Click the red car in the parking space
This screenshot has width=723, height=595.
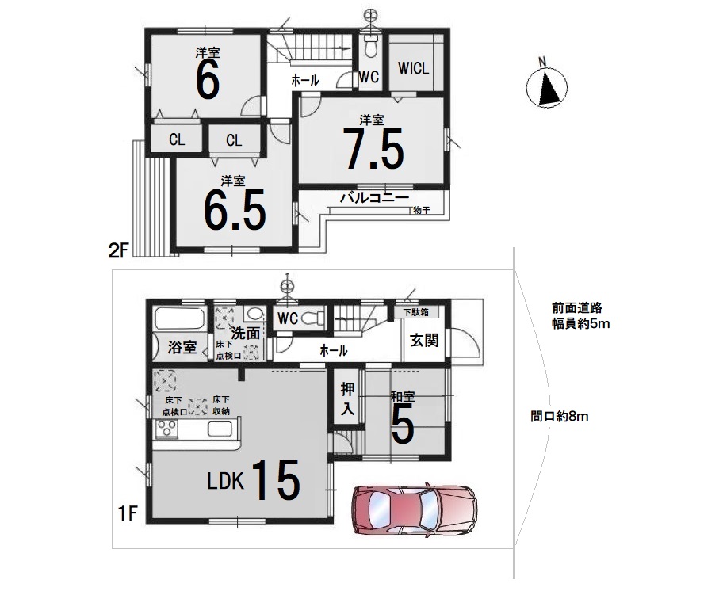pyautogui.click(x=414, y=511)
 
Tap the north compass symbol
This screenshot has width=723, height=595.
pyautogui.click(x=547, y=87)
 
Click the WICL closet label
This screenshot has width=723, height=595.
pyautogui.click(x=413, y=69)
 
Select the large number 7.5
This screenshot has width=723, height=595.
pyautogui.click(x=373, y=148)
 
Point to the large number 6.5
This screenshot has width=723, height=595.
pyautogui.click(x=235, y=210)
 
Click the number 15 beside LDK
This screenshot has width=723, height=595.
pyautogui.click(x=276, y=479)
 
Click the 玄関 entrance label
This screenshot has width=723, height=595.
pyautogui.click(x=424, y=341)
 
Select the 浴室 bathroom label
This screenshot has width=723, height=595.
pyautogui.click(x=182, y=347)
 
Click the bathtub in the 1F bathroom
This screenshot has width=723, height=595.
pyautogui.click(x=180, y=319)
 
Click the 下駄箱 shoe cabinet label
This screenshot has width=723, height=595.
pyautogui.click(x=416, y=312)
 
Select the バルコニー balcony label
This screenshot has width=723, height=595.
pyautogui.click(x=374, y=199)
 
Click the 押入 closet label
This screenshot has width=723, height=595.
pyautogui.click(x=347, y=399)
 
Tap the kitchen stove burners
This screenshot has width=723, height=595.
pyautogui.click(x=166, y=429)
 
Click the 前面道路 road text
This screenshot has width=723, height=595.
pyautogui.click(x=577, y=308)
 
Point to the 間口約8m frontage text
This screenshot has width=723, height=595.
pyautogui.click(x=560, y=417)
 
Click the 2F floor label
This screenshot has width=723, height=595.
pyautogui.click(x=117, y=250)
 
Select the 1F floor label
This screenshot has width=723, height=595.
pyautogui.click(x=128, y=513)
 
